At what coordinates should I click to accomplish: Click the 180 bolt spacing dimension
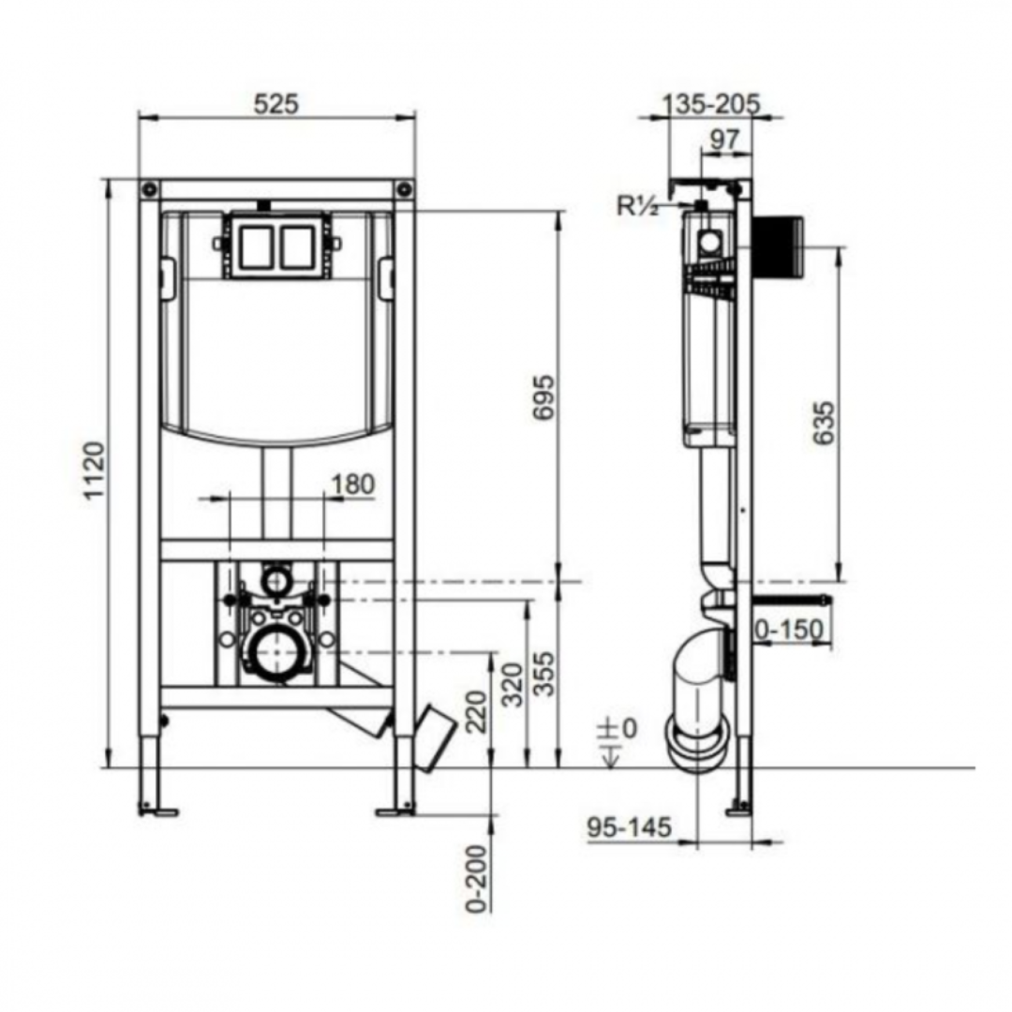[353, 484]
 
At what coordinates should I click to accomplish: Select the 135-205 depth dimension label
[711, 103]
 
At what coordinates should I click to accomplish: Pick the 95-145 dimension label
[630, 827]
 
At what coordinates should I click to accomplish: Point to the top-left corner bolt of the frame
[149, 189]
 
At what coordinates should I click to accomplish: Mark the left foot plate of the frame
[157, 811]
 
